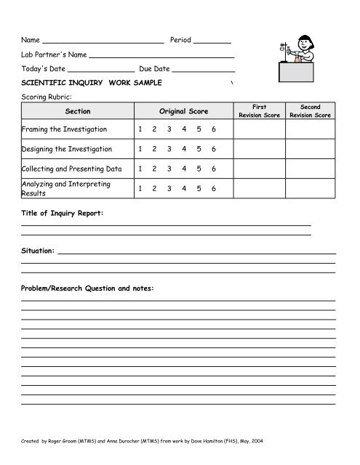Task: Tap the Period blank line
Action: click(212, 41)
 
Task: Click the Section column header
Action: click(77, 111)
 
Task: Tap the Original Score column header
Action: click(183, 111)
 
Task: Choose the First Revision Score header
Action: click(259, 111)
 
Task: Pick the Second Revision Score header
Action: click(310, 111)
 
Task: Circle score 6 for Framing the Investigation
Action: click(214, 129)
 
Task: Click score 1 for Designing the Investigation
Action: click(140, 149)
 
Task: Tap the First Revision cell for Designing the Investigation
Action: click(259, 149)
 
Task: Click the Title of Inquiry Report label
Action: click(63, 214)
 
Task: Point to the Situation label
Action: click(38, 250)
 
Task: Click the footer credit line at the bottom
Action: click(135, 440)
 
